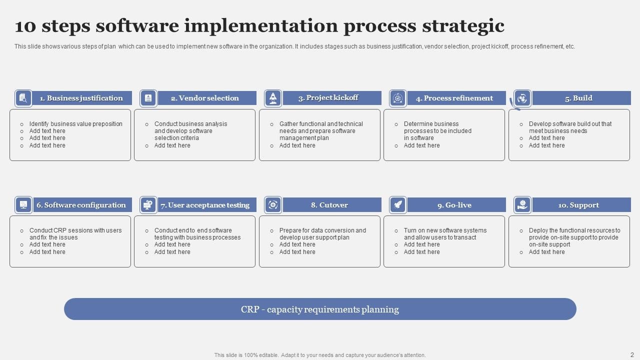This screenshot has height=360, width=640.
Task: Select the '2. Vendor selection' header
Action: (205, 98)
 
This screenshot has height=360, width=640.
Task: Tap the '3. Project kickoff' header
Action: (328, 97)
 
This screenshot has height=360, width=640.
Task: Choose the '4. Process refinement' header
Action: (454, 98)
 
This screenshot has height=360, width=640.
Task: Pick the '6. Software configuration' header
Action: (81, 205)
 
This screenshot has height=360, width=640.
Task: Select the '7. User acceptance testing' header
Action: (205, 205)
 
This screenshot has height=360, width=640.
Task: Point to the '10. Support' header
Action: (578, 205)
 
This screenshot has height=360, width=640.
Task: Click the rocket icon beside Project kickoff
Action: (273, 98)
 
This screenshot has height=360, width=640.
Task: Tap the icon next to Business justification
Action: (23, 98)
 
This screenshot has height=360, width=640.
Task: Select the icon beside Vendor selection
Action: (148, 98)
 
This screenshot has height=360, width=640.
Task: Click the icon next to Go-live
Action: (398, 204)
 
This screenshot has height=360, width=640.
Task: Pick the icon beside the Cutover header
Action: (273, 204)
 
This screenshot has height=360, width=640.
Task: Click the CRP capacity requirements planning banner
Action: (320, 309)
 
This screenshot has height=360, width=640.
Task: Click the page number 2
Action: (632, 354)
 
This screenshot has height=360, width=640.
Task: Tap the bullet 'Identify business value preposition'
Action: (75, 124)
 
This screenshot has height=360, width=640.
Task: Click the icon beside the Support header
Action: (522, 204)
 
